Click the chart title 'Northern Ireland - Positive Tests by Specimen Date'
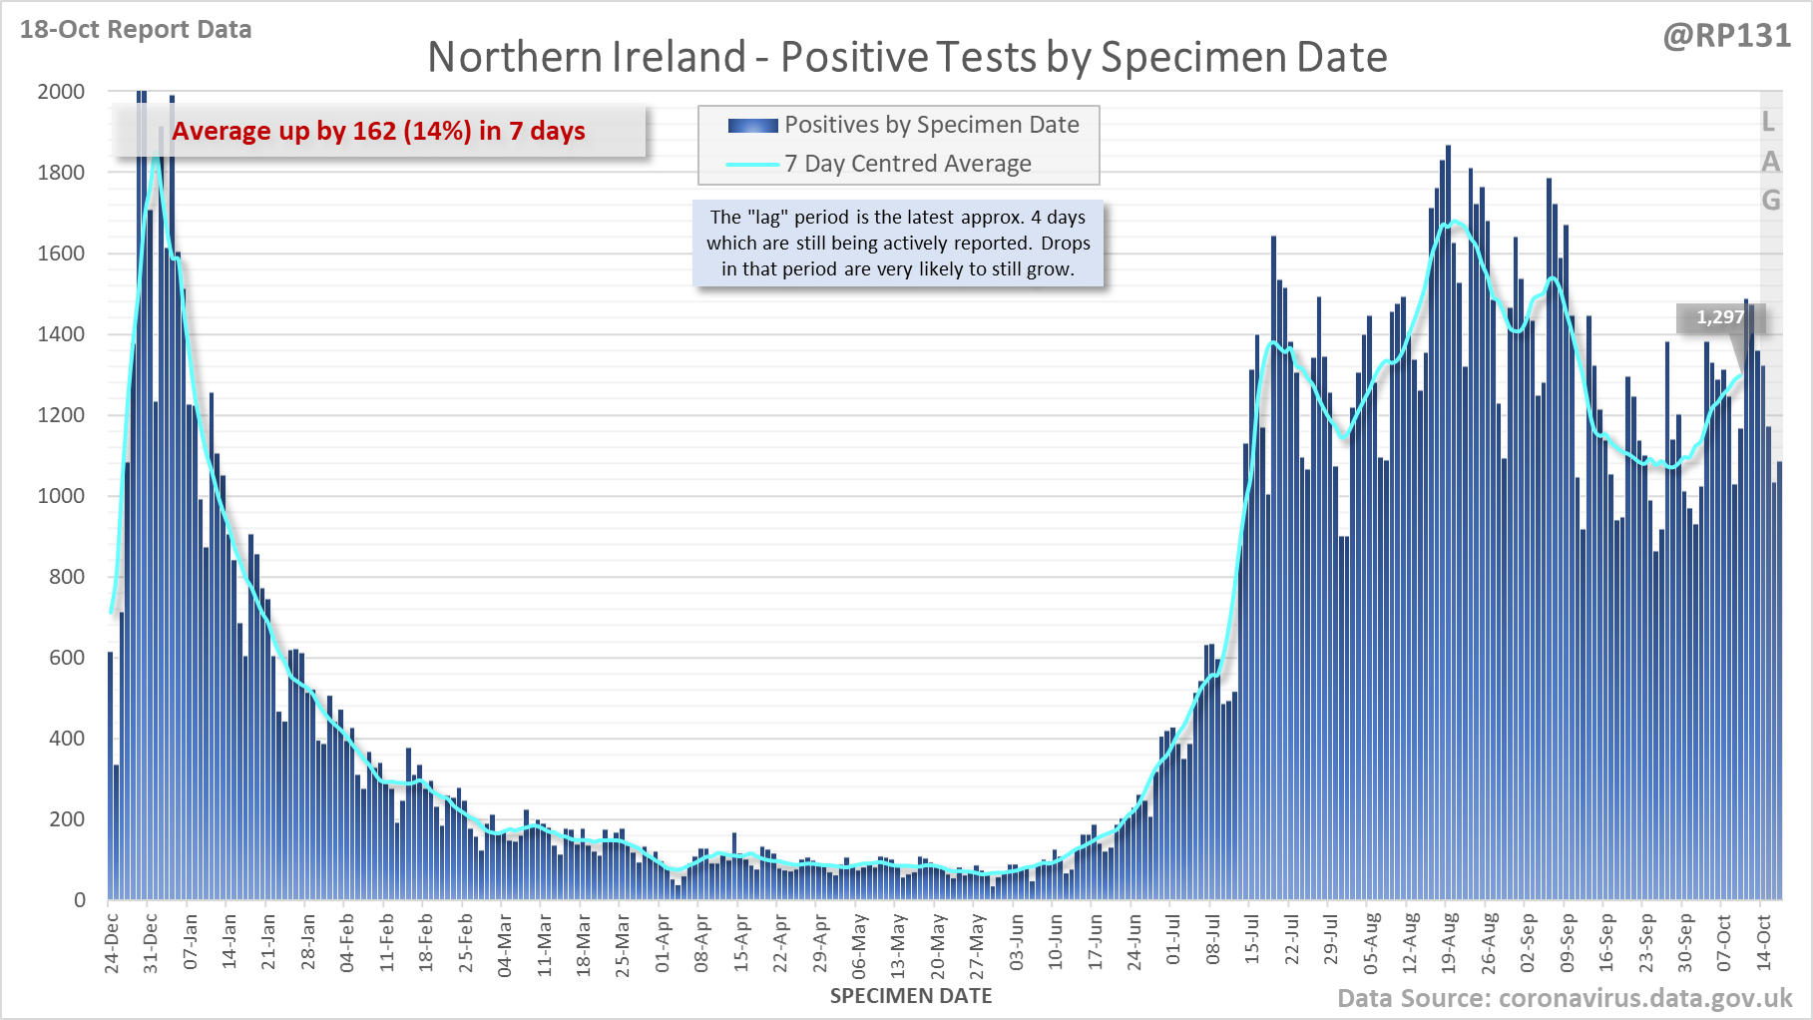(907, 57)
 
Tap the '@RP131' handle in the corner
(1726, 36)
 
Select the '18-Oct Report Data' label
(136, 30)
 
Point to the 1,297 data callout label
(1719, 317)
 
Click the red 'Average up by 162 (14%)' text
(378, 131)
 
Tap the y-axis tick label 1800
(61, 173)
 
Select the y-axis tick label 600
(67, 658)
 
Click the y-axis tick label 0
(80, 900)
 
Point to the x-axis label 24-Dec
(112, 942)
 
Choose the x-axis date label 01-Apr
(663, 942)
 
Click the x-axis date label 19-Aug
(1449, 942)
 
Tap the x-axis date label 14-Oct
(1763, 942)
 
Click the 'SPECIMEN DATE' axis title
(910, 996)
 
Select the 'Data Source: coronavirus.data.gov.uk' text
(1565, 998)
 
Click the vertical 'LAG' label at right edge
(1770, 161)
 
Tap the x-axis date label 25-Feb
(466, 942)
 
